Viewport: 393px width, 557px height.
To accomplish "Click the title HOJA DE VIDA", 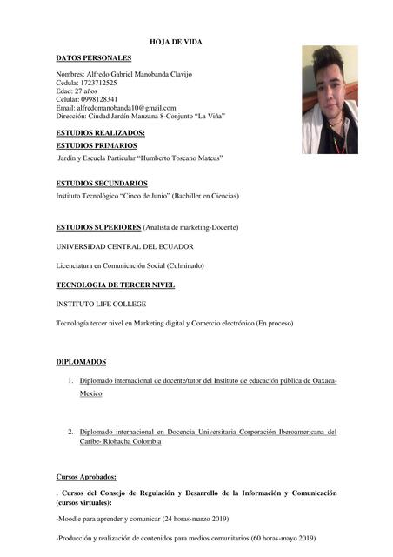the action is point(177,41).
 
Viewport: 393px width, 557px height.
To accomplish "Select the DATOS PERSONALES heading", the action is point(93,57).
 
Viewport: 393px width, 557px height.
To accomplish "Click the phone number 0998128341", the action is point(102,99).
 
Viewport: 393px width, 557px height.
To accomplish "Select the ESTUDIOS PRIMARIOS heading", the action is point(96,145).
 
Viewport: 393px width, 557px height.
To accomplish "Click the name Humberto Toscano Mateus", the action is point(180,158).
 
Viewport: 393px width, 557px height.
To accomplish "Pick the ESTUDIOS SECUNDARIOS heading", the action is point(101,184).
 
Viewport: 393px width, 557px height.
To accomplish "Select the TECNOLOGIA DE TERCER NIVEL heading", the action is point(115,285).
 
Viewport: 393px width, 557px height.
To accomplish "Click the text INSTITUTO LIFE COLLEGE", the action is point(101,304).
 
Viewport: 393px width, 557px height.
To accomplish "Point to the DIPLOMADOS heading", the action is point(81,361).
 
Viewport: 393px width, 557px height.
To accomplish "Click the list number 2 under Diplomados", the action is point(70,432).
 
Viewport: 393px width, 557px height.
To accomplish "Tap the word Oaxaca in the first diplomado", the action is point(318,381).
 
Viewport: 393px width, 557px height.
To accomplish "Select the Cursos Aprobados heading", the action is point(85,477).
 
